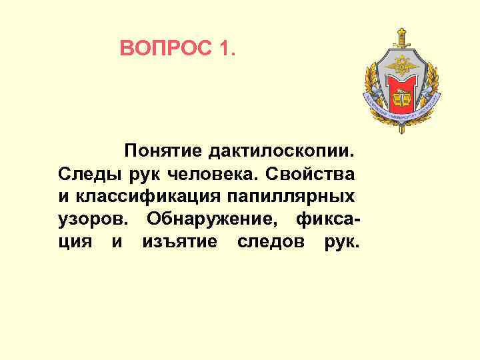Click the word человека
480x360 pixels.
pyautogui.click(x=213, y=175)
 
